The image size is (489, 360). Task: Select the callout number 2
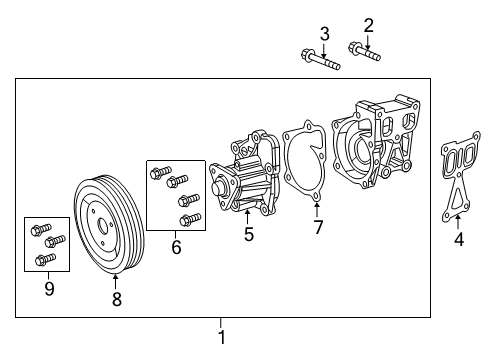(x=368, y=25)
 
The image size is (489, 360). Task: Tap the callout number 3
(x=324, y=34)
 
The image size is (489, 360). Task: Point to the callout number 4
(x=458, y=239)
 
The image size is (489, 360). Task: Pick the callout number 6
(x=176, y=245)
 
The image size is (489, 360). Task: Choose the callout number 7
(x=318, y=228)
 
